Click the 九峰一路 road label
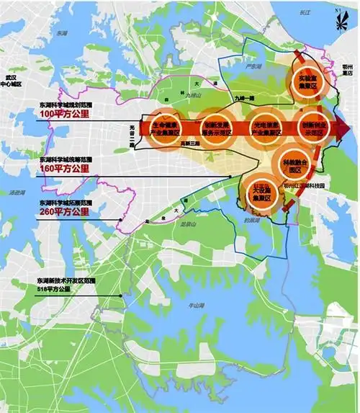click(x=244, y=97)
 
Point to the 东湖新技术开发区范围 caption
click(x=58, y=279)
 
